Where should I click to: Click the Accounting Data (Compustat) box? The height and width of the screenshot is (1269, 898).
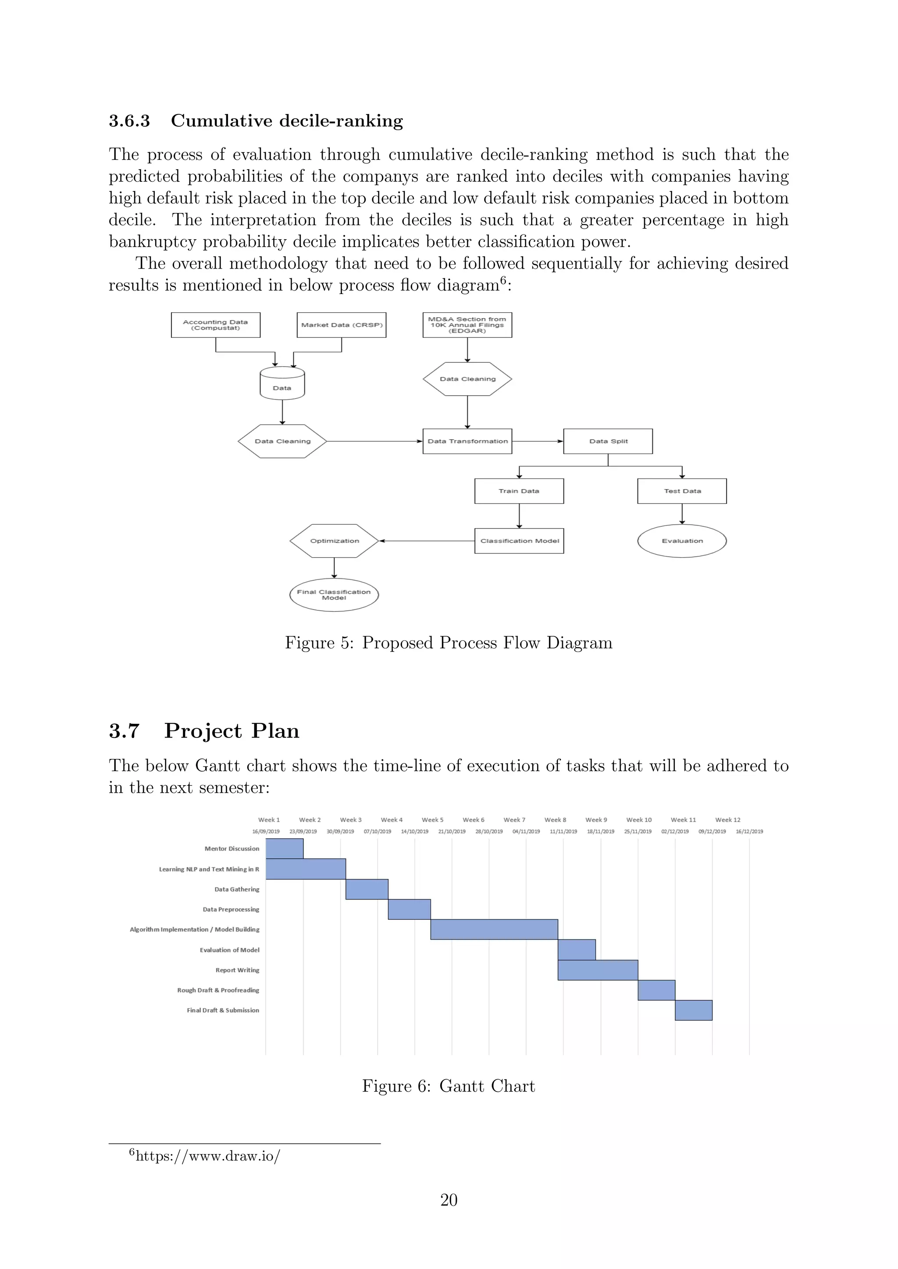tap(216, 325)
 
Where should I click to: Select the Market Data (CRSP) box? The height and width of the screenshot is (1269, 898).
tap(341, 325)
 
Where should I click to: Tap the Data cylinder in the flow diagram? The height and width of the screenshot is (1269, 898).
tap(282, 383)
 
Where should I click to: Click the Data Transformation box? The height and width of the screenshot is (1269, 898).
tap(467, 441)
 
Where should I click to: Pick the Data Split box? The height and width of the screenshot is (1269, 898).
tap(608, 441)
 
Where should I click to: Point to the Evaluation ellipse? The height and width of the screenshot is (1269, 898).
tap(682, 541)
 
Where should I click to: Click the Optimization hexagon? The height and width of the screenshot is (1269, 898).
tap(334, 541)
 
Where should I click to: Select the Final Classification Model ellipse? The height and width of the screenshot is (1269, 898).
tap(334, 595)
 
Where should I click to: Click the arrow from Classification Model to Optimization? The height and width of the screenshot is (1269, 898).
tap(426, 541)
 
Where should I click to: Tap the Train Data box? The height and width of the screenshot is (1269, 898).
tap(519, 491)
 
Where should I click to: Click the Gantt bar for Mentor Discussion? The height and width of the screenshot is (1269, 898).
tap(284, 848)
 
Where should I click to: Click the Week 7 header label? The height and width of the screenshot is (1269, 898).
tap(514, 820)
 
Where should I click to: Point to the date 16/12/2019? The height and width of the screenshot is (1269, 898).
tap(749, 831)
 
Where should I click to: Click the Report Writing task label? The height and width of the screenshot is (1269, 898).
tap(237, 970)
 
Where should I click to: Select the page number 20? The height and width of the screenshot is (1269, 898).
tap(449, 1199)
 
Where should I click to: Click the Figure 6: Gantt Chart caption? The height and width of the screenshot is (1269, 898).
tap(449, 1086)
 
